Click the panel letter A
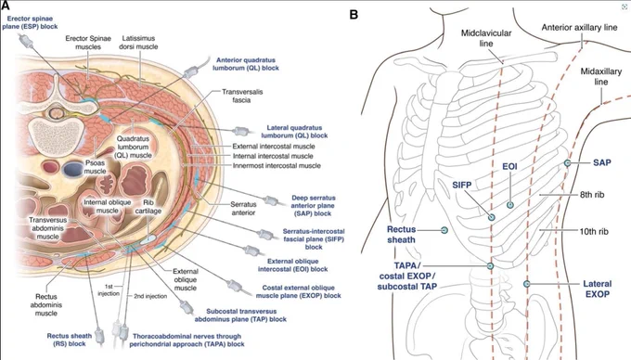pos(6,6)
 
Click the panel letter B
pos(354,15)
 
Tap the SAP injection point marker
pos(567,163)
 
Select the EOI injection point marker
pos(510,205)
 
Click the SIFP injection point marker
pos(492,217)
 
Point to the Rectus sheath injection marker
pos(444,230)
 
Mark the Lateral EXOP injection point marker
pos(527,284)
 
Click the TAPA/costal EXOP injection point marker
pos(490,266)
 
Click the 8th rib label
pos(592,195)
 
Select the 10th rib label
pos(594,231)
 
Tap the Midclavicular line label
pos(486,38)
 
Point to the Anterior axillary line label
pos(579,27)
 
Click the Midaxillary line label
pos(600,76)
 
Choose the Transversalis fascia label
pos(242,96)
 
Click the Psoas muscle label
pos(95,167)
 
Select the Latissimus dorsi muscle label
pos(138,43)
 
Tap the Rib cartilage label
pos(148,207)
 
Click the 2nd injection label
pos(150,296)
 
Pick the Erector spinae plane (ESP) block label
pos(30,22)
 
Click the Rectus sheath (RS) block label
pos(70,340)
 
